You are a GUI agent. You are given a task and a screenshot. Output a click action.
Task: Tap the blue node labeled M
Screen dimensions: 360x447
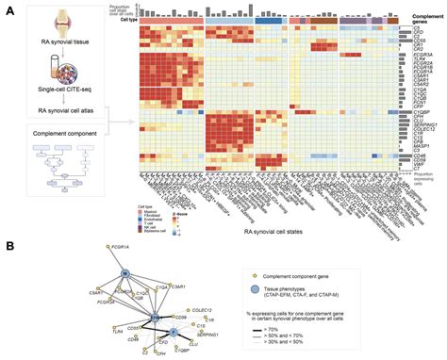point(124,274)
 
